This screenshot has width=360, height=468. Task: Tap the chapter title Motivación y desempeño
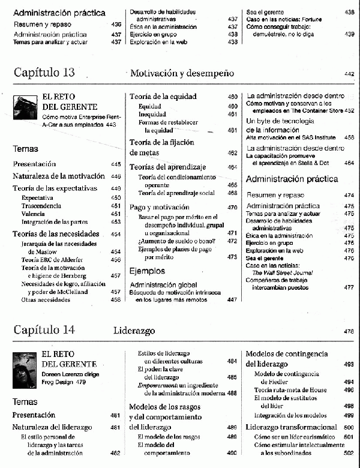tap(181, 74)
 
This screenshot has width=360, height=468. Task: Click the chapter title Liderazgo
tap(134, 331)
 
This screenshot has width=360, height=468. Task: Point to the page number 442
tap(349, 74)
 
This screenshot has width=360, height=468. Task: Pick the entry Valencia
tap(33, 214)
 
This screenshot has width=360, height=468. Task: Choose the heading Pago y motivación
tap(159, 207)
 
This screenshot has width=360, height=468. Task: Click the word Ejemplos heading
tap(147, 271)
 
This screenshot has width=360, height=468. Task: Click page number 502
tap(349, 454)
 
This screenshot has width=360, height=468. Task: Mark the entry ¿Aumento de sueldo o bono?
tap(172, 241)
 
